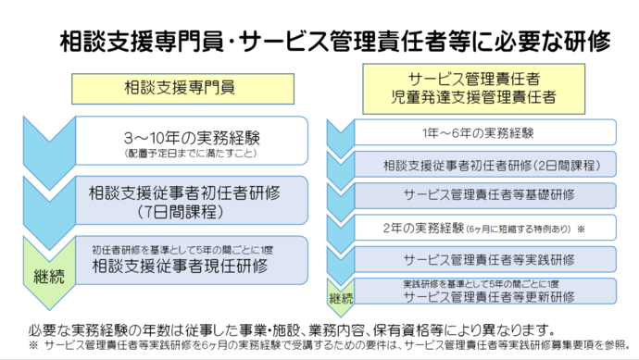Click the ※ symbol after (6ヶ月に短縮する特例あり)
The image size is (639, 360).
(x=581, y=227)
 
